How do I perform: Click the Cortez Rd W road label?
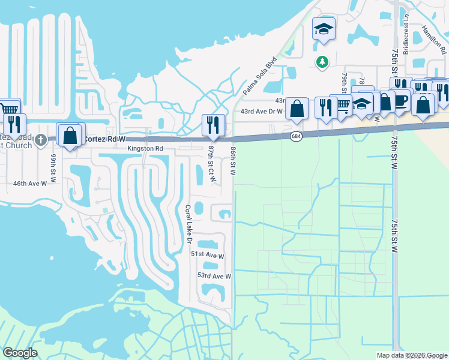[x=100, y=139]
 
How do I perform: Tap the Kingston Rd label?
[x=145, y=148]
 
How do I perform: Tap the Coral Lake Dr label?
[x=187, y=224]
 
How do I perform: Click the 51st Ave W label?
[x=207, y=256]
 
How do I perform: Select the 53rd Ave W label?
[x=214, y=276]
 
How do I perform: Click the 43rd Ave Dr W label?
[x=261, y=111]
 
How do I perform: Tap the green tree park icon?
[x=322, y=61]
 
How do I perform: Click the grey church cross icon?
[x=41, y=140]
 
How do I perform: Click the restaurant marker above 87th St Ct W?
[x=213, y=125]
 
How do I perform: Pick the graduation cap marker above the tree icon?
[x=324, y=29]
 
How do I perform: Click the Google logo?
[x=20, y=353]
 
